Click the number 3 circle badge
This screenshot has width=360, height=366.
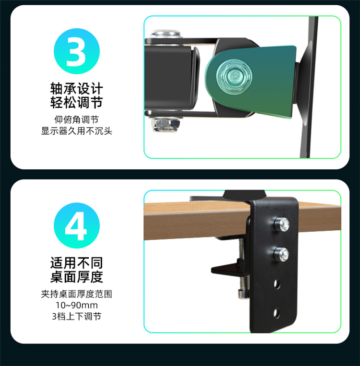77,51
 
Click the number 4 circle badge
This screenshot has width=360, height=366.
77,225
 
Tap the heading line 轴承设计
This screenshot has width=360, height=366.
77,89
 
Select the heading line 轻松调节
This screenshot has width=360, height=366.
77,102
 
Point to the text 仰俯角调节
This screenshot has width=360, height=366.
77,120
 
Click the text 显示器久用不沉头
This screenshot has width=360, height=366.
77,131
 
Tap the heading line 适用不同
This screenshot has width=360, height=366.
77,263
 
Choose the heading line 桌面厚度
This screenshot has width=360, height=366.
77,277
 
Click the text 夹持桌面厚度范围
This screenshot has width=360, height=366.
77,294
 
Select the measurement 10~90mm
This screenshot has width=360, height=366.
77,305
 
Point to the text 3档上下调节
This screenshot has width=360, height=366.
77,316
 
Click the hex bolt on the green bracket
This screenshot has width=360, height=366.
234,76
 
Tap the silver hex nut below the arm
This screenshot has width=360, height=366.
166,124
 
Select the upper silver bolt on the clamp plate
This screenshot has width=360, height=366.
282,224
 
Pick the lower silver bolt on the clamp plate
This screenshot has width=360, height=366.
281,254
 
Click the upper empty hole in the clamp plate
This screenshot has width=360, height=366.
277,284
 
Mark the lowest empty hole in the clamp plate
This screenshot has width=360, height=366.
276,313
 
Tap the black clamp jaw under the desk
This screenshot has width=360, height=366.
230,269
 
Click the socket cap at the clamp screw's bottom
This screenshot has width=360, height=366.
243,295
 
